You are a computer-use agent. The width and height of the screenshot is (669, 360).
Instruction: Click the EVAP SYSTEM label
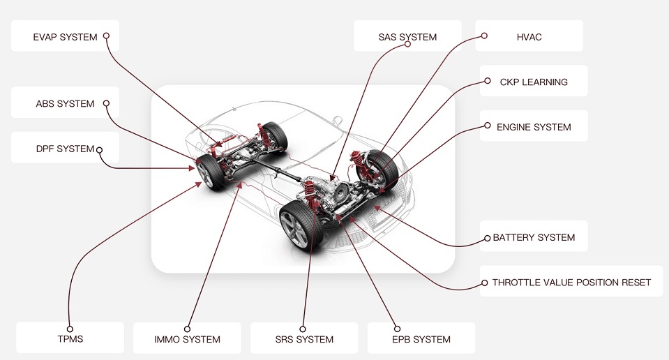click(x=65, y=36)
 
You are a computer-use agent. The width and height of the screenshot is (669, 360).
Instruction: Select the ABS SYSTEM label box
click(x=65, y=104)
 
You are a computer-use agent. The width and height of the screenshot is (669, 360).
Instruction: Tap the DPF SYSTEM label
click(x=65, y=149)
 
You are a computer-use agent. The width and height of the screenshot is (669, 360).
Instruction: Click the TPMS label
click(x=70, y=339)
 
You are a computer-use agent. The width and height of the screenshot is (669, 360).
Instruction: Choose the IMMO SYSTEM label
click(x=187, y=339)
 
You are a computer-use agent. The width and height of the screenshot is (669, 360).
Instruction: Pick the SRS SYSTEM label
click(x=303, y=339)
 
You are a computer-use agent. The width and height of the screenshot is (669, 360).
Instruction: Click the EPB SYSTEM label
click(x=421, y=339)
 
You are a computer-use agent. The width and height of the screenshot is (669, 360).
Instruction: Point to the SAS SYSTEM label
click(x=407, y=36)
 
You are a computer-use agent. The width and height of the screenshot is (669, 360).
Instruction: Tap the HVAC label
click(x=529, y=36)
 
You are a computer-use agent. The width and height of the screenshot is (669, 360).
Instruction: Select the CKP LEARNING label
click(x=534, y=82)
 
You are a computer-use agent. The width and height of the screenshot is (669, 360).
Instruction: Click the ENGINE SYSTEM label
click(x=534, y=127)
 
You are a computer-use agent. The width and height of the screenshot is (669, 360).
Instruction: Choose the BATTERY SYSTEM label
click(x=534, y=237)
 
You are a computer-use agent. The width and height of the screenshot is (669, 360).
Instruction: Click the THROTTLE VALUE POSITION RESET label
click(x=571, y=283)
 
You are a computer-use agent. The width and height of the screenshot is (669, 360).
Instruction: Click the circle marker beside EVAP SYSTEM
click(x=106, y=36)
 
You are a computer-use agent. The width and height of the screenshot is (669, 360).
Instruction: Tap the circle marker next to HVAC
click(x=485, y=36)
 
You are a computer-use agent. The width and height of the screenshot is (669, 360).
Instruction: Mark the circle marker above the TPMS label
click(x=70, y=328)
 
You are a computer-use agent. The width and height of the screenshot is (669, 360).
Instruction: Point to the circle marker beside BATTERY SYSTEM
click(x=487, y=238)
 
